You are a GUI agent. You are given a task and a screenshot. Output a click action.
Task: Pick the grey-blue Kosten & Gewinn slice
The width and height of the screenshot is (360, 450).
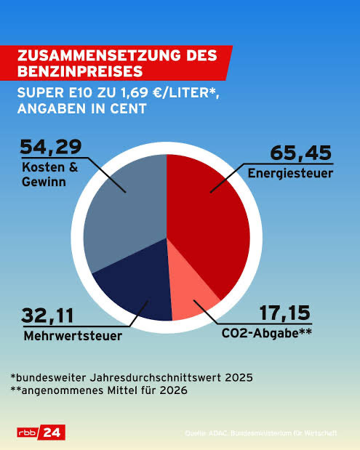124,211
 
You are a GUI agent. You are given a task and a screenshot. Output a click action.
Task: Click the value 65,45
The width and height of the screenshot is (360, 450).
300,154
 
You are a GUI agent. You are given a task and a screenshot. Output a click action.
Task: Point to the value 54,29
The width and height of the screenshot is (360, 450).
51,148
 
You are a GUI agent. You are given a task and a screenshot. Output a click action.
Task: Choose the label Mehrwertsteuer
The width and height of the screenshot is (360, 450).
64,336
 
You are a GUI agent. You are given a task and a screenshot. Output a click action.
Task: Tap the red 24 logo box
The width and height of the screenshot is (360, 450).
52,432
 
